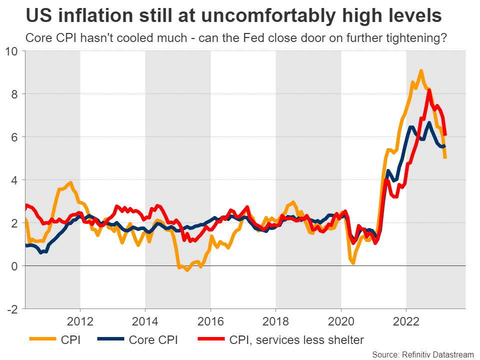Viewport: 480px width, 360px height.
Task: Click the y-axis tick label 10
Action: (x=12, y=51)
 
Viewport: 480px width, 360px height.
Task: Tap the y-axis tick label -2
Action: (x=13, y=309)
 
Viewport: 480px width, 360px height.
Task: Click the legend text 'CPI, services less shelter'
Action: (x=297, y=340)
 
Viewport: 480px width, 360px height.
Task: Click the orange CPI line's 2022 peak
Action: (x=421, y=71)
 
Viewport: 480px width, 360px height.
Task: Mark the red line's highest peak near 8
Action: (x=429, y=90)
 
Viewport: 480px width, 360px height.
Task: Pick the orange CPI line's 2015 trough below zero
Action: (x=187, y=270)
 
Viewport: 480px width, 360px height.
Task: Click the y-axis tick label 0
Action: (x=15, y=266)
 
